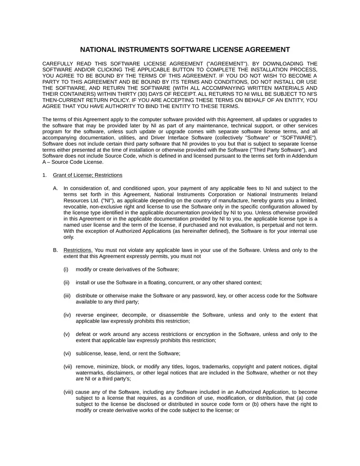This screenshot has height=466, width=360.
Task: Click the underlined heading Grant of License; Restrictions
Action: point(87,175)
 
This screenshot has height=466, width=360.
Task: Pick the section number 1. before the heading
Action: point(45,175)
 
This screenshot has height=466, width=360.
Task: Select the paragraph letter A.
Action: point(55,188)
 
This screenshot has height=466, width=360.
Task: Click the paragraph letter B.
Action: point(55,250)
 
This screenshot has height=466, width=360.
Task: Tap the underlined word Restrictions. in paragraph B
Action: point(78,250)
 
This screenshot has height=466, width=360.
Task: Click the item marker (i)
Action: point(66,269)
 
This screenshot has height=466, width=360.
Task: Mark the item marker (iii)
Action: point(67,295)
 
